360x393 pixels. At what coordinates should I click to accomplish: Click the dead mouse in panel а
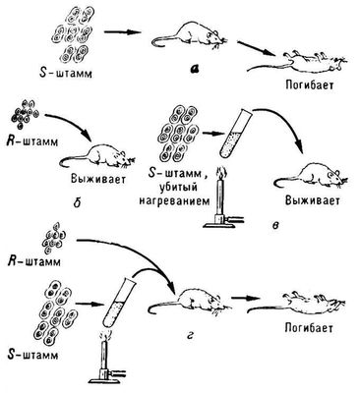click(x=298, y=61)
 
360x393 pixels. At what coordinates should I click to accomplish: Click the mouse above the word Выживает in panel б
click(x=97, y=156)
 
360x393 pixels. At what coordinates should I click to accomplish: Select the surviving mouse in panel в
click(x=312, y=174)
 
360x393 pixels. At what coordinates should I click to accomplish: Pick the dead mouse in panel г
click(x=297, y=303)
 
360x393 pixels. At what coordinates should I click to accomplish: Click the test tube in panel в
click(x=235, y=134)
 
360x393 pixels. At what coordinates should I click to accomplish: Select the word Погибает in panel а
click(x=309, y=85)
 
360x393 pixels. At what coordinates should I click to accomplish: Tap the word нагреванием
click(x=174, y=200)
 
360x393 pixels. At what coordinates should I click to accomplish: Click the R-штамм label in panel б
click(x=32, y=143)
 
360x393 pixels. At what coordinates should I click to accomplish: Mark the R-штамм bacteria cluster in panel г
click(x=54, y=239)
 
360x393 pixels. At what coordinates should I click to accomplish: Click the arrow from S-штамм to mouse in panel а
click(x=122, y=31)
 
